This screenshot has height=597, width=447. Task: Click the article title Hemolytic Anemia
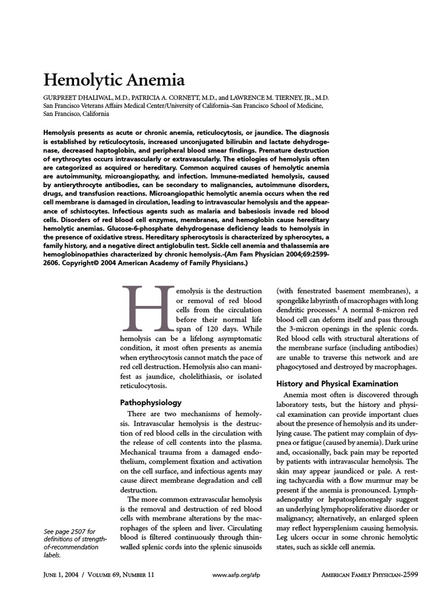click(116, 79)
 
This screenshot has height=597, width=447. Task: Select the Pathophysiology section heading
click(151, 402)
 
